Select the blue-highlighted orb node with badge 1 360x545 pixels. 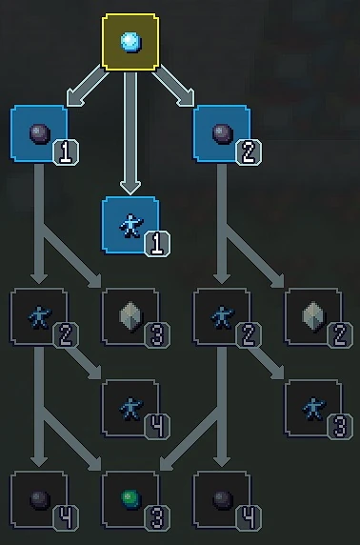pyautogui.click(x=38, y=132)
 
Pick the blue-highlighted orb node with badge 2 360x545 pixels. pyautogui.click(x=221, y=132)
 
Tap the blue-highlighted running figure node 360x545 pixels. pyautogui.click(x=130, y=225)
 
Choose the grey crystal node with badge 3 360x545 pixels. pyautogui.click(x=130, y=316)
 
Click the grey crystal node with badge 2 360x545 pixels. pyautogui.click(x=312, y=316)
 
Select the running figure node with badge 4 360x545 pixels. pyautogui.click(x=130, y=408)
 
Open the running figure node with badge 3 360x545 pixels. pyautogui.click(x=312, y=408)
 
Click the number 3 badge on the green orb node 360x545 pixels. pyautogui.click(x=158, y=519)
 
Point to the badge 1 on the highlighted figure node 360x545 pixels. pyautogui.click(x=158, y=245)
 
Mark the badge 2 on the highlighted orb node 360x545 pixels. pyautogui.click(x=250, y=152)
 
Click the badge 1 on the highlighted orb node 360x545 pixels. pyautogui.click(x=67, y=152)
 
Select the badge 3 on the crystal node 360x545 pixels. pyautogui.click(x=158, y=336)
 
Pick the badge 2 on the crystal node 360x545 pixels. pyautogui.click(x=341, y=336)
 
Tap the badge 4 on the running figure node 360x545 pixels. pyautogui.click(x=158, y=428)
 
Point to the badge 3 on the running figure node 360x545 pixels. pyautogui.click(x=341, y=428)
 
